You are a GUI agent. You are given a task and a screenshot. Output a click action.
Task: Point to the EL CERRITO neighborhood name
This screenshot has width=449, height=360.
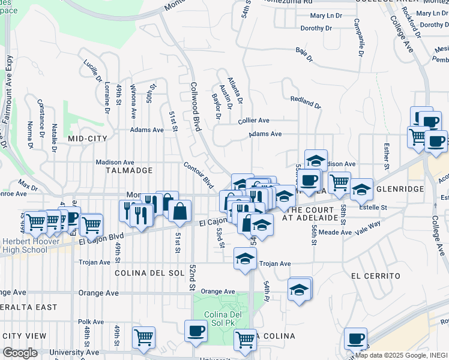pos(376,275)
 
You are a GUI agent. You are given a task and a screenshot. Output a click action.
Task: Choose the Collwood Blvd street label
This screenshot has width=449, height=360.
pos(195,106)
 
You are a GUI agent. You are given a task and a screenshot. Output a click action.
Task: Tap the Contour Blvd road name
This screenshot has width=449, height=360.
pos(199,173)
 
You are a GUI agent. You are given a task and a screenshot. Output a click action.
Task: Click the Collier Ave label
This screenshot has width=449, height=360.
pos(253,121)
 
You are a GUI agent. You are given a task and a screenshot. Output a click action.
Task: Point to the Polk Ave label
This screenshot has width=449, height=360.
pos(91,322)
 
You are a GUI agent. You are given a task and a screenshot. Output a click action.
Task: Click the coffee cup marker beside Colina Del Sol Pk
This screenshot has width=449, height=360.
pos(196,331)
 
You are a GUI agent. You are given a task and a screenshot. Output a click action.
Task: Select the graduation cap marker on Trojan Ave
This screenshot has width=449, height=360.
pos(244,259)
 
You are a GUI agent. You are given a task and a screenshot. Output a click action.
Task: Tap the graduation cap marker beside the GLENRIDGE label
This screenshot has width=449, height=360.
pos(361,190)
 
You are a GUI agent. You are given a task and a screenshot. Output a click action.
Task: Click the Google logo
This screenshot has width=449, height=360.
pos(20,353)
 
